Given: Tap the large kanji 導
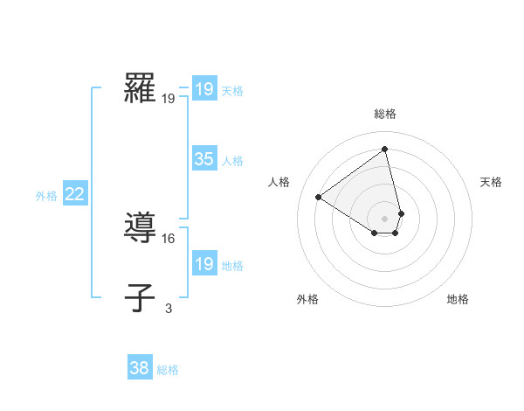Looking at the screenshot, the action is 140,228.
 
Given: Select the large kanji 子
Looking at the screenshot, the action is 140,297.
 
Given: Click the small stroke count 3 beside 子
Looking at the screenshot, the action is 169,308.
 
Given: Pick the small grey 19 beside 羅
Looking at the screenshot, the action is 169,99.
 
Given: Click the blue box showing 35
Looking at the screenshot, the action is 203,159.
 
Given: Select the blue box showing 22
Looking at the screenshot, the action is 74,195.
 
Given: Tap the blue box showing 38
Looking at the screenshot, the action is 139,368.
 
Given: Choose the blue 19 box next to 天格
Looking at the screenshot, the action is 203,89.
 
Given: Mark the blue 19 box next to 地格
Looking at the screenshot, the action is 203,264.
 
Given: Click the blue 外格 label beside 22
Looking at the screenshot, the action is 46,196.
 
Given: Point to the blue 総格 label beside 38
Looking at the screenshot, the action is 168,370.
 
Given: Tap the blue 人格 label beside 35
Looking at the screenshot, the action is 232,161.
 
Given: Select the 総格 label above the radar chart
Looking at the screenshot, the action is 385,114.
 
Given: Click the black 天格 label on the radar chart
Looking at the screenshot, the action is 491,182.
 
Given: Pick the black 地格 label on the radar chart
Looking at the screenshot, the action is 458,299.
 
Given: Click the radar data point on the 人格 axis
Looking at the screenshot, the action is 319,198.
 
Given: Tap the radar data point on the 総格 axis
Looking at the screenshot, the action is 385,150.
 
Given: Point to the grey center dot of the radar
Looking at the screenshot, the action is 385,218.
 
